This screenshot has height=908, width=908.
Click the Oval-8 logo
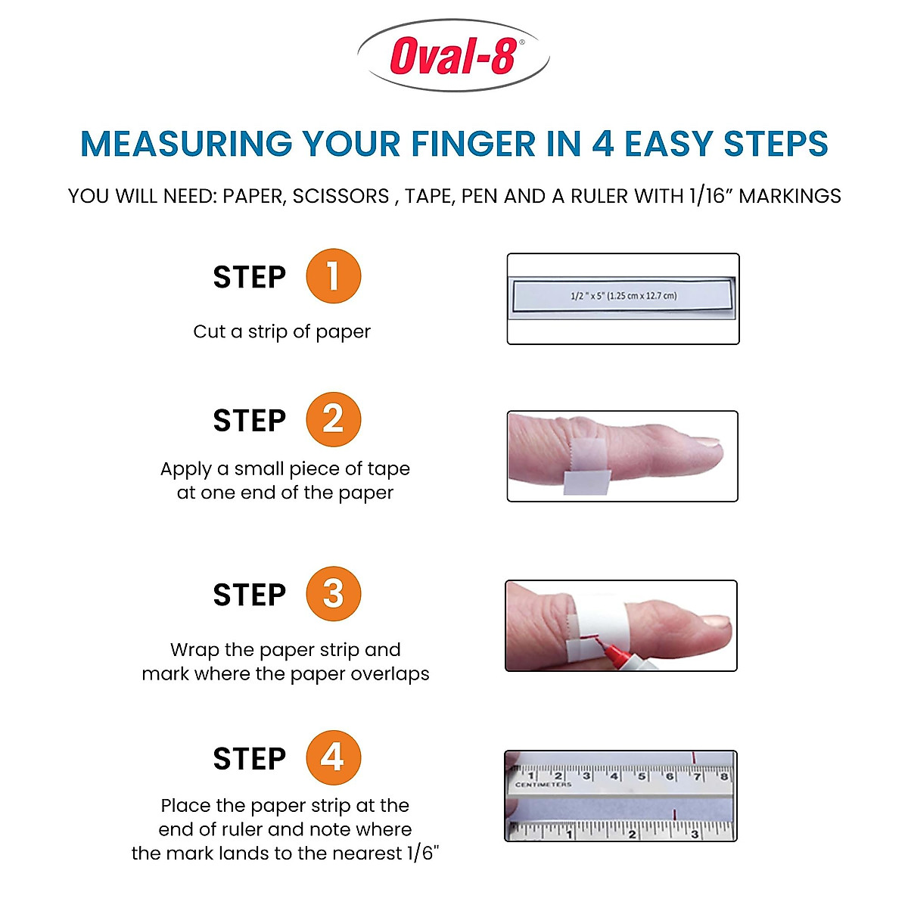(453, 56)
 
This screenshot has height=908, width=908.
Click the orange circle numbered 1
(333, 276)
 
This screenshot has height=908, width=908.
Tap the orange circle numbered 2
(333, 419)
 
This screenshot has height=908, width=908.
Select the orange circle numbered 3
(333, 594)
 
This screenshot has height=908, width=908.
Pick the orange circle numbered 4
(333, 757)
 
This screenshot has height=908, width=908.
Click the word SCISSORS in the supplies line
(340, 196)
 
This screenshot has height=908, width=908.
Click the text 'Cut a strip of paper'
(281, 331)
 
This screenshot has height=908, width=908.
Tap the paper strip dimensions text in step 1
(623, 296)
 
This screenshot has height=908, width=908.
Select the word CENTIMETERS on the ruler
(543, 785)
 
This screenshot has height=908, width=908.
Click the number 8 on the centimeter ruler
(723, 776)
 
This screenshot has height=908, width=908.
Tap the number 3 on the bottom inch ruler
(695, 834)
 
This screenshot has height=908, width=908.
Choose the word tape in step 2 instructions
(388, 469)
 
